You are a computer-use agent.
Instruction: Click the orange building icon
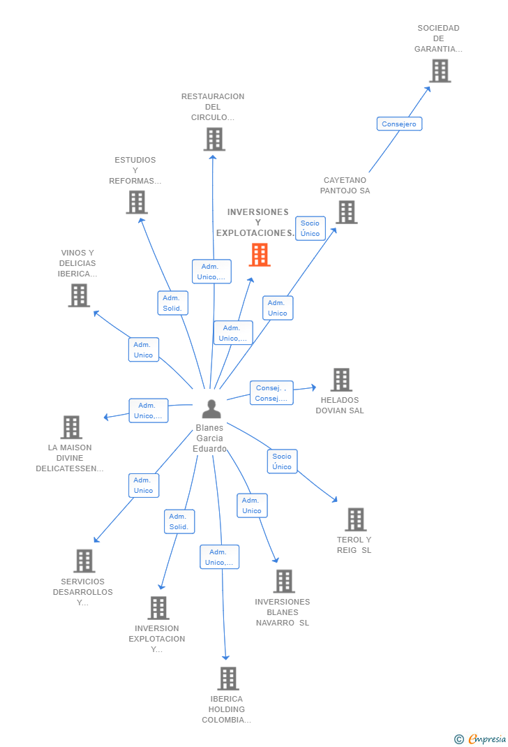click(x=260, y=255)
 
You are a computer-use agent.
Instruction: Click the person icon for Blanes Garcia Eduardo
click(x=211, y=408)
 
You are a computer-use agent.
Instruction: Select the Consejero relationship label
click(x=399, y=124)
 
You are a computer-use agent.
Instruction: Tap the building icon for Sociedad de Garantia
click(x=440, y=71)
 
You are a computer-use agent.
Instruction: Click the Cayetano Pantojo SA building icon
click(x=346, y=212)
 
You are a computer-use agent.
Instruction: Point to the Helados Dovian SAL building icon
click(x=341, y=380)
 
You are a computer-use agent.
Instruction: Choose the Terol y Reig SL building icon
click(x=355, y=519)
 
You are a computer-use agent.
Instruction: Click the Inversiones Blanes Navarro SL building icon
click(x=283, y=581)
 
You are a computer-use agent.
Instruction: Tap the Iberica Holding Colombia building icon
click(x=227, y=678)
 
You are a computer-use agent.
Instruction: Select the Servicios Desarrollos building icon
click(x=84, y=561)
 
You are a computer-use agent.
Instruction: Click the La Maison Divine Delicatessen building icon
click(x=71, y=427)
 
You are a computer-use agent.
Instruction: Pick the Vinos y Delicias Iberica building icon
click(x=79, y=295)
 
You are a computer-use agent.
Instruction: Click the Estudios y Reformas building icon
click(x=137, y=202)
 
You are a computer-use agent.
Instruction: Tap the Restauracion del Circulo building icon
click(x=214, y=139)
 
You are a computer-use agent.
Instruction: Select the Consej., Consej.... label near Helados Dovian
click(x=271, y=393)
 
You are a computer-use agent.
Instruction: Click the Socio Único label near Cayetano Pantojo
click(x=310, y=228)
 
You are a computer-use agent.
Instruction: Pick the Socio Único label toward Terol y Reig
click(x=282, y=461)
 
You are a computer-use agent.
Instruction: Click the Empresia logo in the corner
click(x=481, y=739)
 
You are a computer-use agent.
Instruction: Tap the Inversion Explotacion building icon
click(x=158, y=607)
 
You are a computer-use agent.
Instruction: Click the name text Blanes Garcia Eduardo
click(x=209, y=438)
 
